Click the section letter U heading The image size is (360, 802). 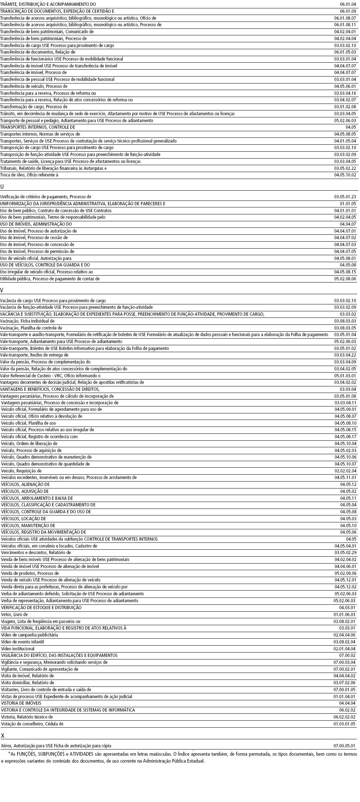click(x=2, y=187)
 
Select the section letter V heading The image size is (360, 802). click(x=2, y=291)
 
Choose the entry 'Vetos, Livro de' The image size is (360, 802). click(x=14, y=615)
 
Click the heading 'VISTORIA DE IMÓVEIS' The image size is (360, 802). click(x=21, y=703)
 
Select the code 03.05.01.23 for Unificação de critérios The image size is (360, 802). click(x=345, y=197)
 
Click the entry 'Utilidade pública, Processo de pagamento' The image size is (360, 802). click(x=50, y=279)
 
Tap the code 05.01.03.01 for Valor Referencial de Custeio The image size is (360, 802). click(x=345, y=375)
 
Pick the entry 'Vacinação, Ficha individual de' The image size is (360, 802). click(x=27, y=321)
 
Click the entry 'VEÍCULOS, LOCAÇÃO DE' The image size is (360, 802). click(x=23, y=519)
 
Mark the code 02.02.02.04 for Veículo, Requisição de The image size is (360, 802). click(x=345, y=471)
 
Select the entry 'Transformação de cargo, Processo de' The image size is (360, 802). click(x=34, y=107)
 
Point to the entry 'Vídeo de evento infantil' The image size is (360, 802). click(x=22, y=642)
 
